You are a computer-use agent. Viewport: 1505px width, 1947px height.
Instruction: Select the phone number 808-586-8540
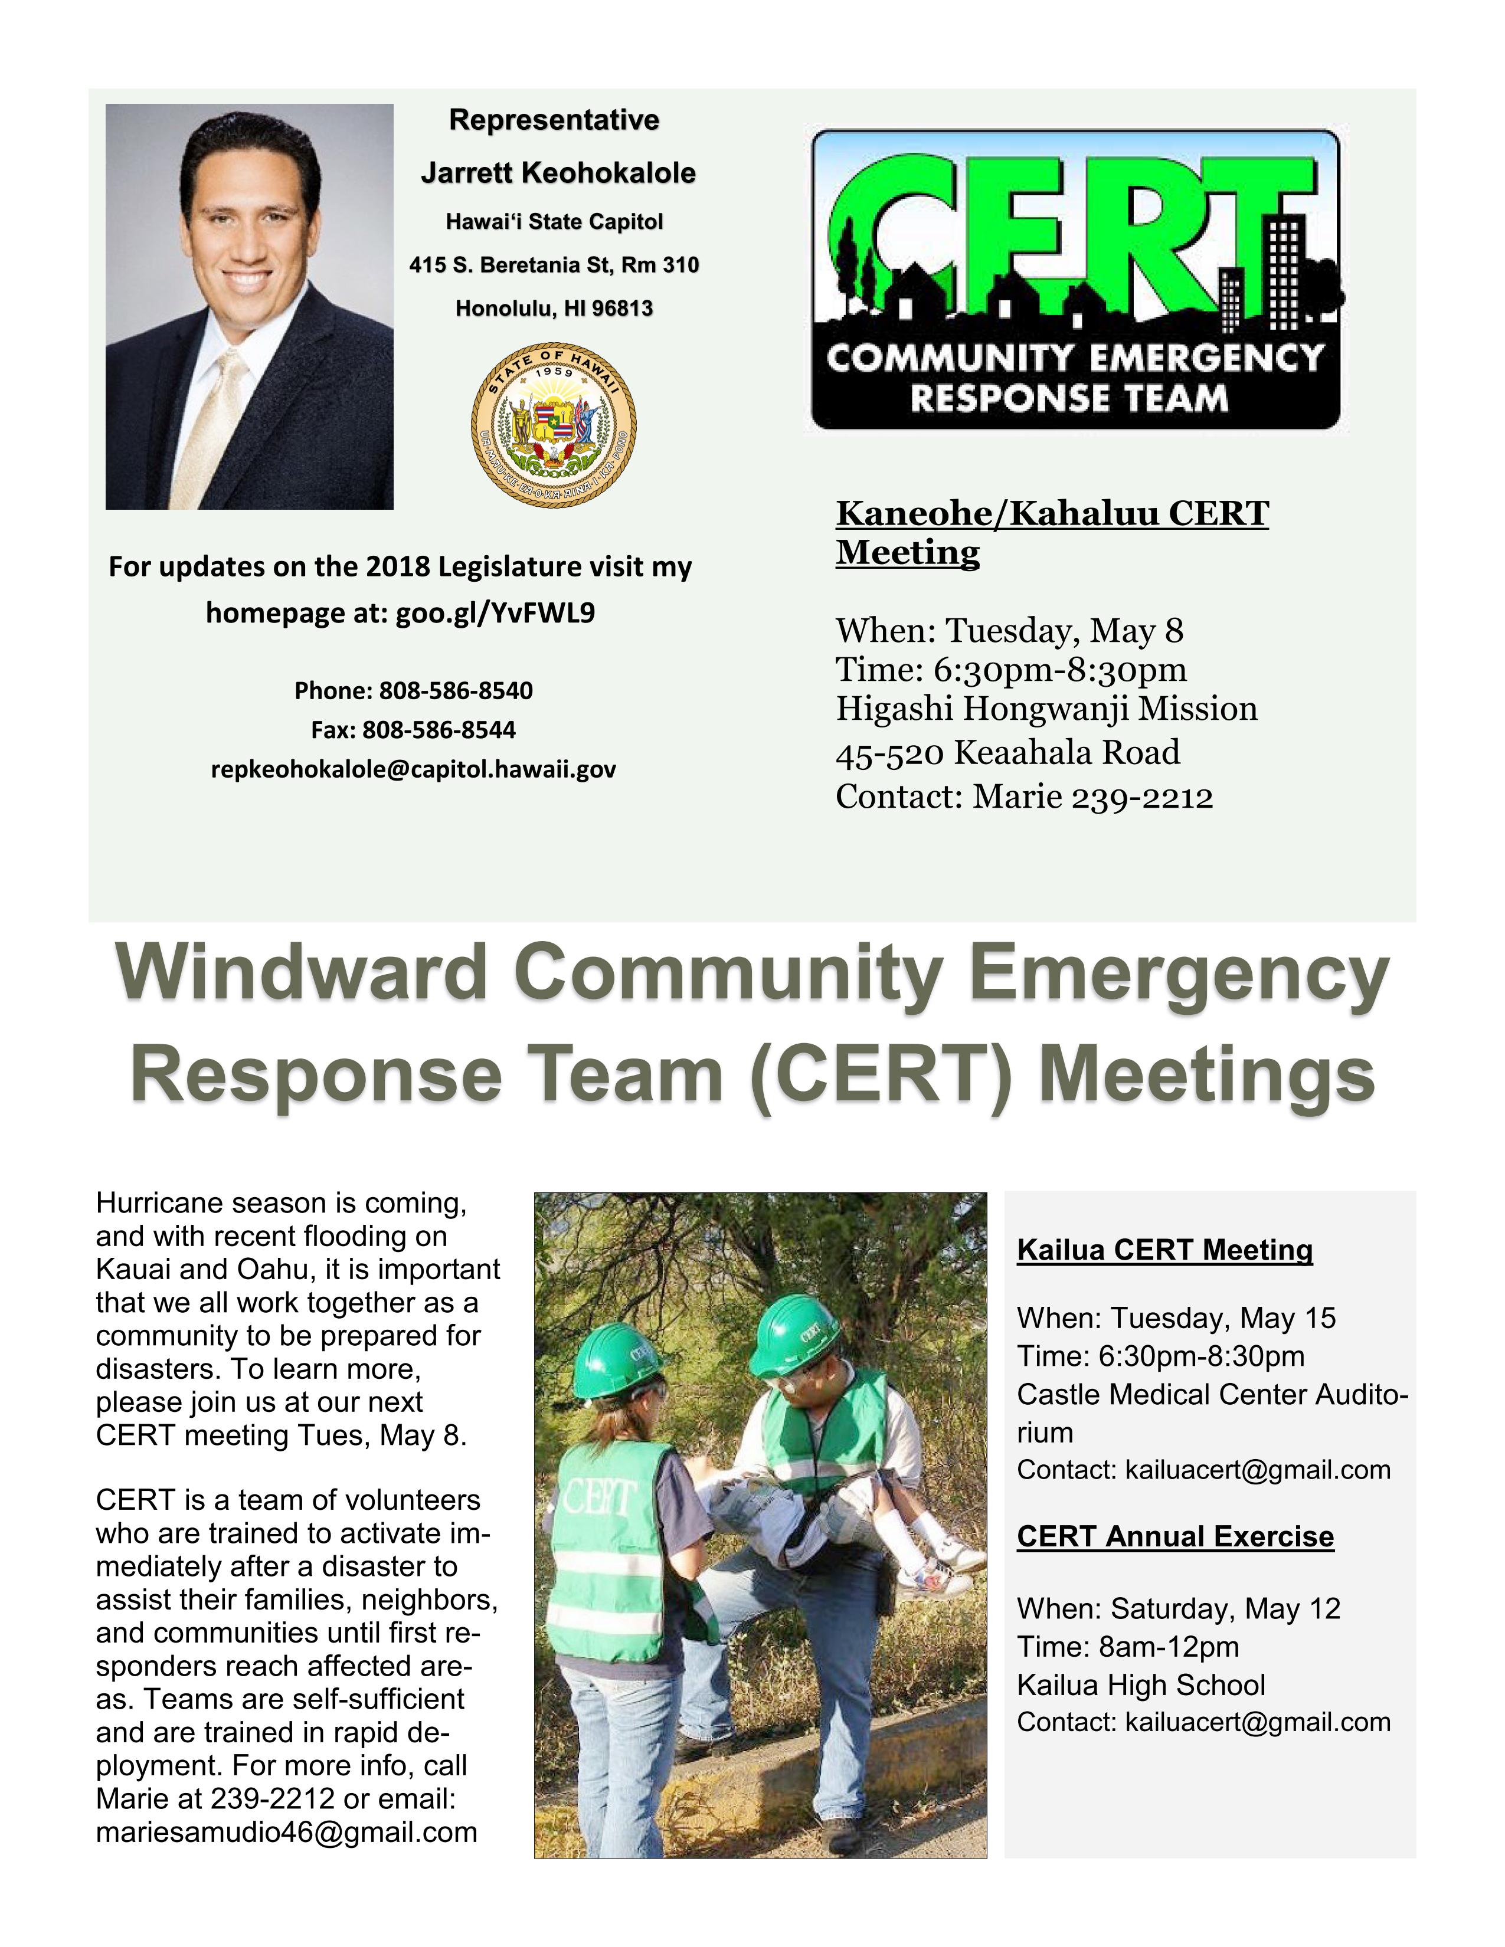pos(456,691)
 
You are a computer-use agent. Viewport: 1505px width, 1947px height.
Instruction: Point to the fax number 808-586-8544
pos(438,730)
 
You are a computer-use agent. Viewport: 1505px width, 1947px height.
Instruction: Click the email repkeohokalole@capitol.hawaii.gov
pos(413,769)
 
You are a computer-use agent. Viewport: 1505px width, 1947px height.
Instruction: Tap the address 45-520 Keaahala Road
pos(1007,752)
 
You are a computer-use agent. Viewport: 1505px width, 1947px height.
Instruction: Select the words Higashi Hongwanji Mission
pos(1046,709)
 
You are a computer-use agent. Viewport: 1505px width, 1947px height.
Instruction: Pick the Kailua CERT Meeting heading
pos(1164,1250)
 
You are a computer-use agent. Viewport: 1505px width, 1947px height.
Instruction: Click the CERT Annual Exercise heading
pos(1175,1536)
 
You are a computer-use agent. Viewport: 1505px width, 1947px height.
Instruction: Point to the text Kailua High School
pos(1140,1685)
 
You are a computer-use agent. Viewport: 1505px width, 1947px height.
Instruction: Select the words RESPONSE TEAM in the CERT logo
pos(1068,398)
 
